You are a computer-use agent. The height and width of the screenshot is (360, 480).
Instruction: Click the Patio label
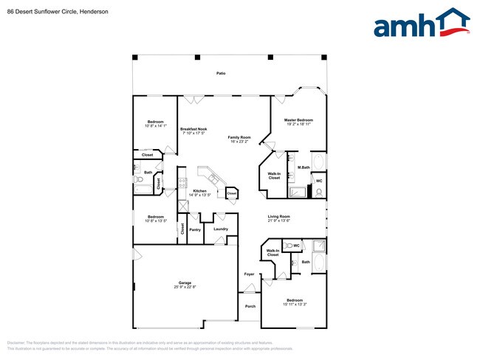pyautogui.click(x=221, y=74)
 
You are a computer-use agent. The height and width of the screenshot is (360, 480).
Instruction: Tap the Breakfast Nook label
pyautogui.click(x=193, y=129)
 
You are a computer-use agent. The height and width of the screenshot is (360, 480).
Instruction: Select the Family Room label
pyautogui.click(x=239, y=137)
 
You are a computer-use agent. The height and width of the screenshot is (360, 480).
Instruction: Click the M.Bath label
pyautogui.click(x=303, y=167)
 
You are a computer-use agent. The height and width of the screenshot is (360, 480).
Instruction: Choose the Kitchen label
pyautogui.click(x=199, y=191)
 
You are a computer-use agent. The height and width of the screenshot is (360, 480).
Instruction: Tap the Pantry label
pyautogui.click(x=195, y=229)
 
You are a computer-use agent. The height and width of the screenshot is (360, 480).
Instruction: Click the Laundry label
pyautogui.click(x=221, y=229)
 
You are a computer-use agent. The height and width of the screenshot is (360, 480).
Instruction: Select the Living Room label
pyautogui.click(x=278, y=216)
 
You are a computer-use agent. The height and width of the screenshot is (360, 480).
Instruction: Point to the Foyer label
pyautogui.click(x=250, y=274)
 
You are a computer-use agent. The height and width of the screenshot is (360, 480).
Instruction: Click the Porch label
pyautogui.click(x=250, y=306)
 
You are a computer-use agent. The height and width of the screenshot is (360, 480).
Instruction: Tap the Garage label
pyautogui.click(x=185, y=283)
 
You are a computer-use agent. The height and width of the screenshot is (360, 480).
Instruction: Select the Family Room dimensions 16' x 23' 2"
pyautogui.click(x=239, y=142)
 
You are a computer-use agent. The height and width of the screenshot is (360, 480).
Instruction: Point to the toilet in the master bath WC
pyautogui.click(x=318, y=192)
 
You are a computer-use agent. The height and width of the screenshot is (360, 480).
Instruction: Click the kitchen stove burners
pyautogui.click(x=182, y=184)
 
